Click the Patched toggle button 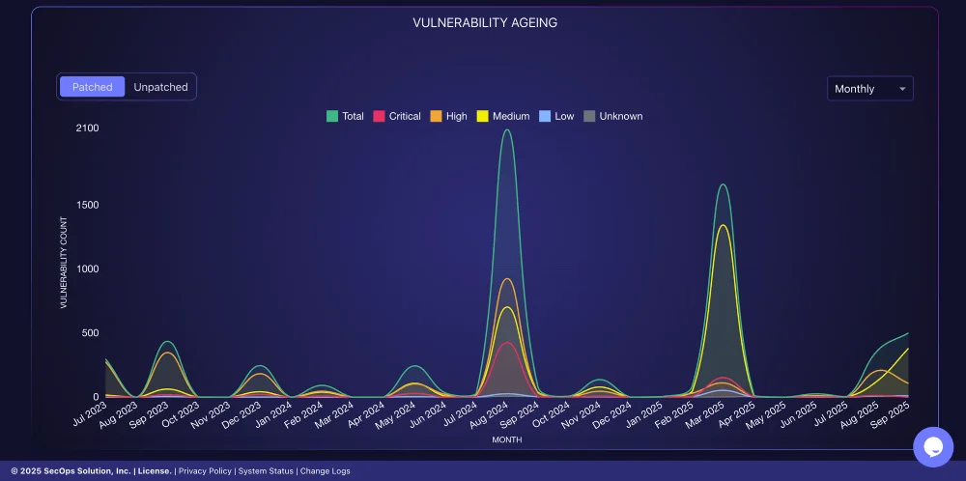pyautogui.click(x=93, y=87)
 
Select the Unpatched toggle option pyautogui.click(x=160, y=87)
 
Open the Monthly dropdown pyautogui.click(x=869, y=89)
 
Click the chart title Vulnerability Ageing pyautogui.click(x=485, y=22)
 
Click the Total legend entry pyautogui.click(x=345, y=116)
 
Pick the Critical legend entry pyautogui.click(x=396, y=116)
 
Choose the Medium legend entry pyautogui.click(x=503, y=116)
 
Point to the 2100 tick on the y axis pyautogui.click(x=88, y=128)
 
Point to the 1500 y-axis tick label pyautogui.click(x=88, y=205)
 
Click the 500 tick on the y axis pyautogui.click(x=91, y=333)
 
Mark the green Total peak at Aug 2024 pyautogui.click(x=507, y=130)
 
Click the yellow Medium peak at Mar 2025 pyautogui.click(x=722, y=225)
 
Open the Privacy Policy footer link pyautogui.click(x=205, y=471)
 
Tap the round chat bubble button pyautogui.click(x=933, y=447)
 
